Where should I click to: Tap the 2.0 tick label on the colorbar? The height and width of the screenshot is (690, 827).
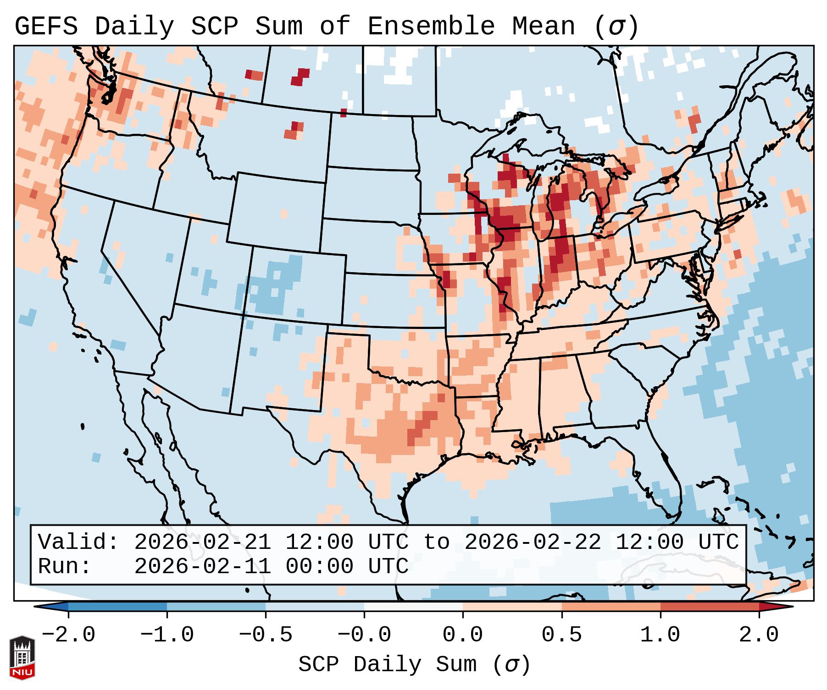[x=759, y=635]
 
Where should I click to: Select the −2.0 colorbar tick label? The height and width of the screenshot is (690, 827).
[x=68, y=635]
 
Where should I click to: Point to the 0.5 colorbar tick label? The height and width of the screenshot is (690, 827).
[x=561, y=635]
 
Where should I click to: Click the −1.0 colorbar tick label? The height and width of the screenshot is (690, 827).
[x=167, y=635]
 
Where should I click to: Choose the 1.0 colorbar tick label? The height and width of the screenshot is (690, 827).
[x=660, y=635]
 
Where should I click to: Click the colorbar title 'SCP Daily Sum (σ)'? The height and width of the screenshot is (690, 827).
[x=414, y=665]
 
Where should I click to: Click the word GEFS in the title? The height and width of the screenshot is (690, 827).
[x=46, y=26]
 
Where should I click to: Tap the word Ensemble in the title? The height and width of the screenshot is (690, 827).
[x=431, y=26]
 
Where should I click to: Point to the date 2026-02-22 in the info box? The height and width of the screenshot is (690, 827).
[x=533, y=542]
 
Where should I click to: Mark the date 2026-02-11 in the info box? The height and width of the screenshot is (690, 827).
[x=202, y=566]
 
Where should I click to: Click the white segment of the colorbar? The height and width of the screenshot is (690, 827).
[x=413, y=607]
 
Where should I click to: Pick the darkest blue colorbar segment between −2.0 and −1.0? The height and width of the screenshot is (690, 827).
[x=117, y=607]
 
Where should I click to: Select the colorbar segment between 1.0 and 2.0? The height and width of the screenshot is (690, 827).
[x=710, y=607]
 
